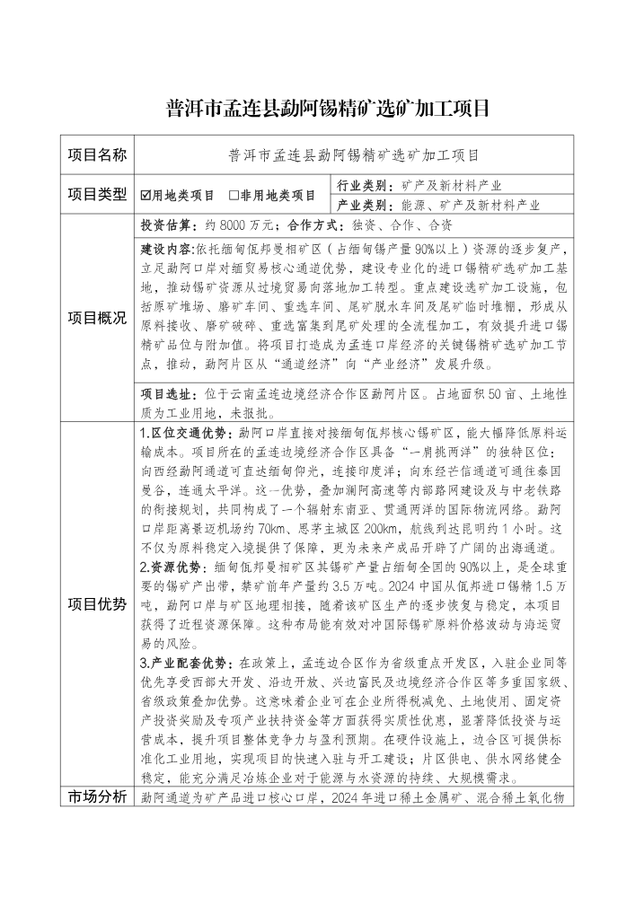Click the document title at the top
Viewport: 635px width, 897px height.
coord(317,108)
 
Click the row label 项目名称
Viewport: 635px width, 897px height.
coord(97,155)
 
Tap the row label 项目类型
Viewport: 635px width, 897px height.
coord(97,195)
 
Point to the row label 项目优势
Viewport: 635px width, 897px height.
coord(97,602)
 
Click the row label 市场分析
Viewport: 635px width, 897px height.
coord(97,796)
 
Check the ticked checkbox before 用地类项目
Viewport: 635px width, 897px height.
coord(147,195)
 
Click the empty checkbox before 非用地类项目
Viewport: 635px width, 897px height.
coord(234,195)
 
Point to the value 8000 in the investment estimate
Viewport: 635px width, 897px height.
coord(234,224)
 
